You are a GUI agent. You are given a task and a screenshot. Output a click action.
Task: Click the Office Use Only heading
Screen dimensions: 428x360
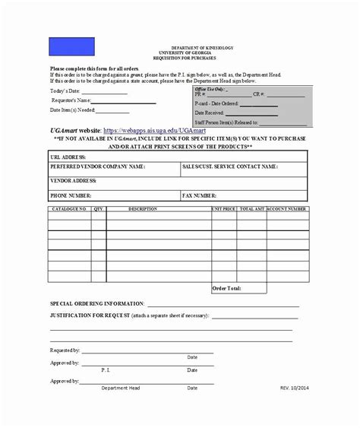point(210,90)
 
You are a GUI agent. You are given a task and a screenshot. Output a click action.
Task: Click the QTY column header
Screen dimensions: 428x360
point(98,208)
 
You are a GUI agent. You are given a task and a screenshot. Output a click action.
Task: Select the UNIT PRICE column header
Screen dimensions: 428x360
point(223,208)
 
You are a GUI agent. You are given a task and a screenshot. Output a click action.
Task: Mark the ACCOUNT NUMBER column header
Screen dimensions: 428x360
point(287,208)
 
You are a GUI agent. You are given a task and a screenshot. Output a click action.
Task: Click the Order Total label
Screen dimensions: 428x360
point(226,288)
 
